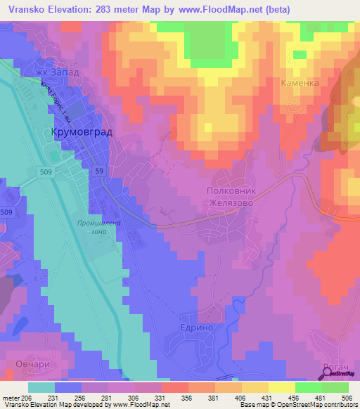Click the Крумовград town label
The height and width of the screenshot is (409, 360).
tap(82, 132)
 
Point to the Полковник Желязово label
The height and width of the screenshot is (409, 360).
tap(236, 195)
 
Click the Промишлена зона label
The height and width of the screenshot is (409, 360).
tap(95, 228)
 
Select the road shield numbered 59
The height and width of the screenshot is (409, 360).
tap(100, 171)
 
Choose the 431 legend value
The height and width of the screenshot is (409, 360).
tap(264, 397)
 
